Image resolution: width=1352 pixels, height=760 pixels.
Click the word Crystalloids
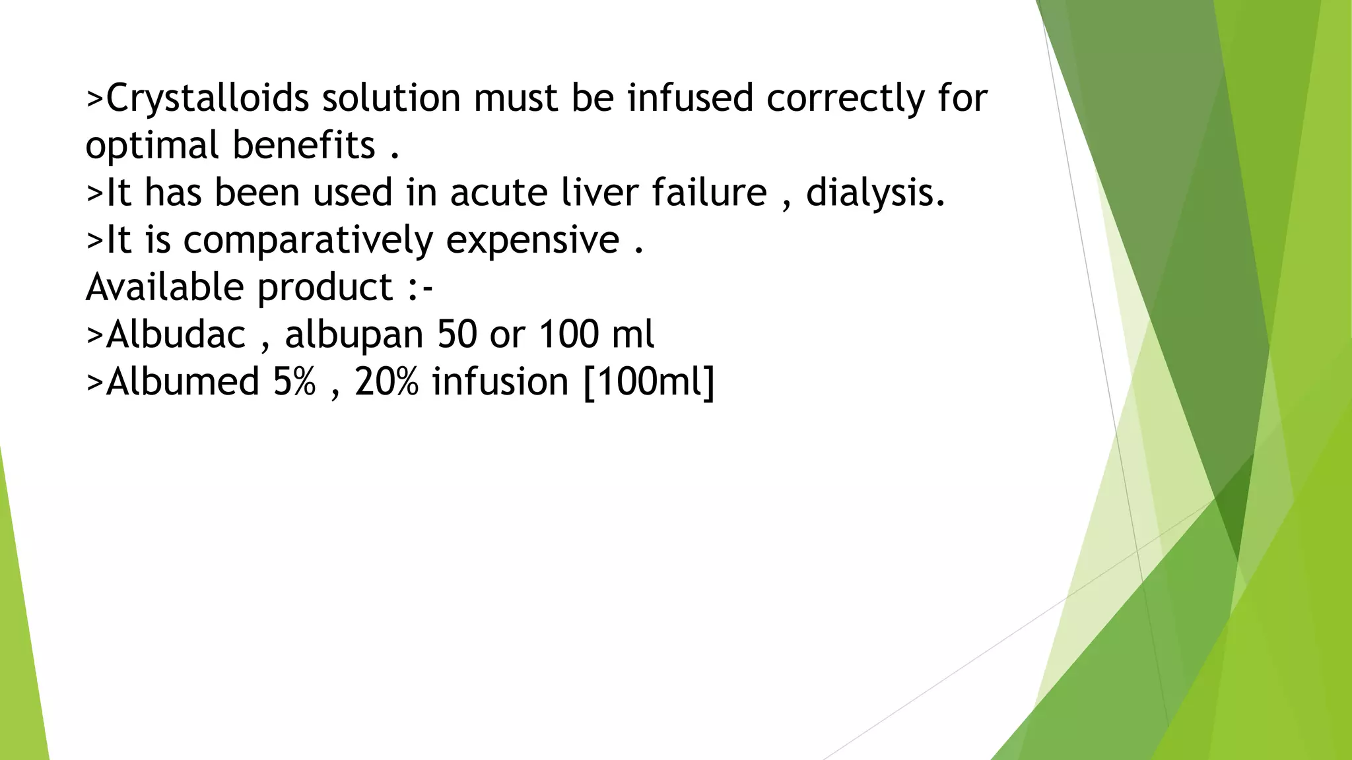[207, 99]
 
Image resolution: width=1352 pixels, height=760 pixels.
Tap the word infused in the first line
[690, 98]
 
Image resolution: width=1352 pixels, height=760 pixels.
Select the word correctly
[845, 99]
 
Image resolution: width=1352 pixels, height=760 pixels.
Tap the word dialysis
[875, 193]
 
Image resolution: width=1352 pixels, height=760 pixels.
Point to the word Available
[165, 287]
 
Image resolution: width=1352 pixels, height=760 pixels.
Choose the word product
[325, 288]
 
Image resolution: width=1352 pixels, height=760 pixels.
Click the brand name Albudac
[176, 334]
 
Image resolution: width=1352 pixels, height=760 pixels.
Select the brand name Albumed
[182, 381]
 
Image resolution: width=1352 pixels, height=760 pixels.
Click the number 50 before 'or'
[457, 334]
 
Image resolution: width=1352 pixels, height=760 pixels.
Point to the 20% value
[386, 381]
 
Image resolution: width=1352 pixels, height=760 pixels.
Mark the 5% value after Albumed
[294, 381]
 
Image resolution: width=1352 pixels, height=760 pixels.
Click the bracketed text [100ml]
[649, 381]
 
